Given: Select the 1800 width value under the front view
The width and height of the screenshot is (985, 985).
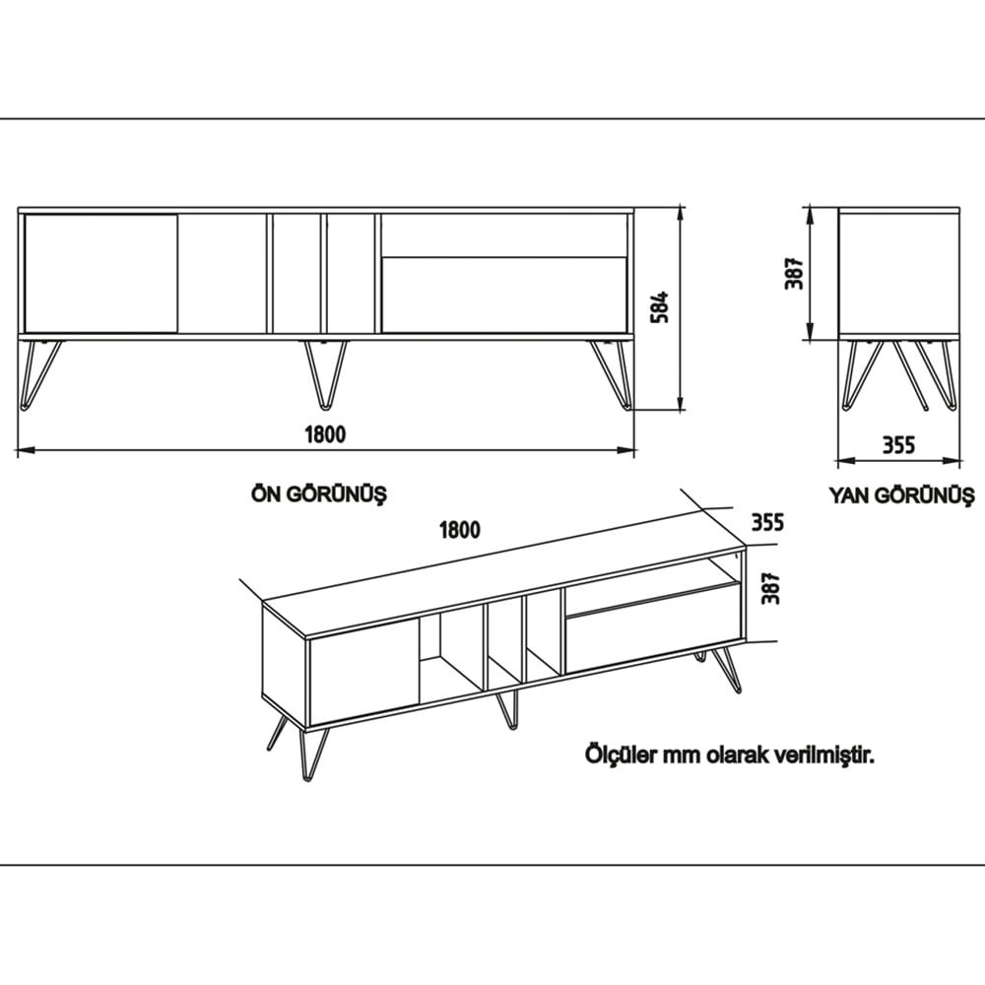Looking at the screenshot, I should pyautogui.click(x=326, y=434).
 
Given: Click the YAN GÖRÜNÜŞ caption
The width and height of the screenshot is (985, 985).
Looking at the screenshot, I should pyautogui.click(x=900, y=494).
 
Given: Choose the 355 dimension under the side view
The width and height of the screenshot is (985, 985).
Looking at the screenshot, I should pyautogui.click(x=898, y=444).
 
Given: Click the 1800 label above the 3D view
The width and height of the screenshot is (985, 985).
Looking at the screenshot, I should pyautogui.click(x=460, y=530).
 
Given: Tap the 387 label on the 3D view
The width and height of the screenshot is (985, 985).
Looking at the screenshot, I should pyautogui.click(x=772, y=588).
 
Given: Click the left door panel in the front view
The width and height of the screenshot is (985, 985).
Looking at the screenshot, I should pyautogui.click(x=100, y=273).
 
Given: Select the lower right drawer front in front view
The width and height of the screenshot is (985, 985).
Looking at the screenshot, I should pyautogui.click(x=504, y=295).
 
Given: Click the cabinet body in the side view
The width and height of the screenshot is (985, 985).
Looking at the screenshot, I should pyautogui.click(x=897, y=273).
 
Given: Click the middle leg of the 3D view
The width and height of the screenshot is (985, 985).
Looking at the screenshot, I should pyautogui.click(x=507, y=709).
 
